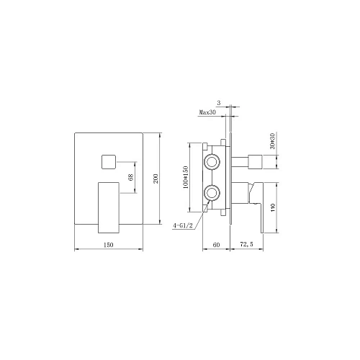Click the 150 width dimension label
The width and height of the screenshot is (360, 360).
[108, 245]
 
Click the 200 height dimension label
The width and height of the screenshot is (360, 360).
[156, 179]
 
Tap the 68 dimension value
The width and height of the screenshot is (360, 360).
[131, 177]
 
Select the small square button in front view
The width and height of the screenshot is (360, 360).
[109, 162]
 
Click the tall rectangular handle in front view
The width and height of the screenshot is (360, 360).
[109, 207]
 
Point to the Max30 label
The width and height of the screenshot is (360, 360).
[207, 112]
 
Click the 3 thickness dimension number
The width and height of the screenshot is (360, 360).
[218, 103]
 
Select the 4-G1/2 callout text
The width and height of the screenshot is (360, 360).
[183, 225]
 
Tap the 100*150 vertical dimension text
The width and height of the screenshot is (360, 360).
[186, 177]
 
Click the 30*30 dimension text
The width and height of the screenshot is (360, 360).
[273, 141]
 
